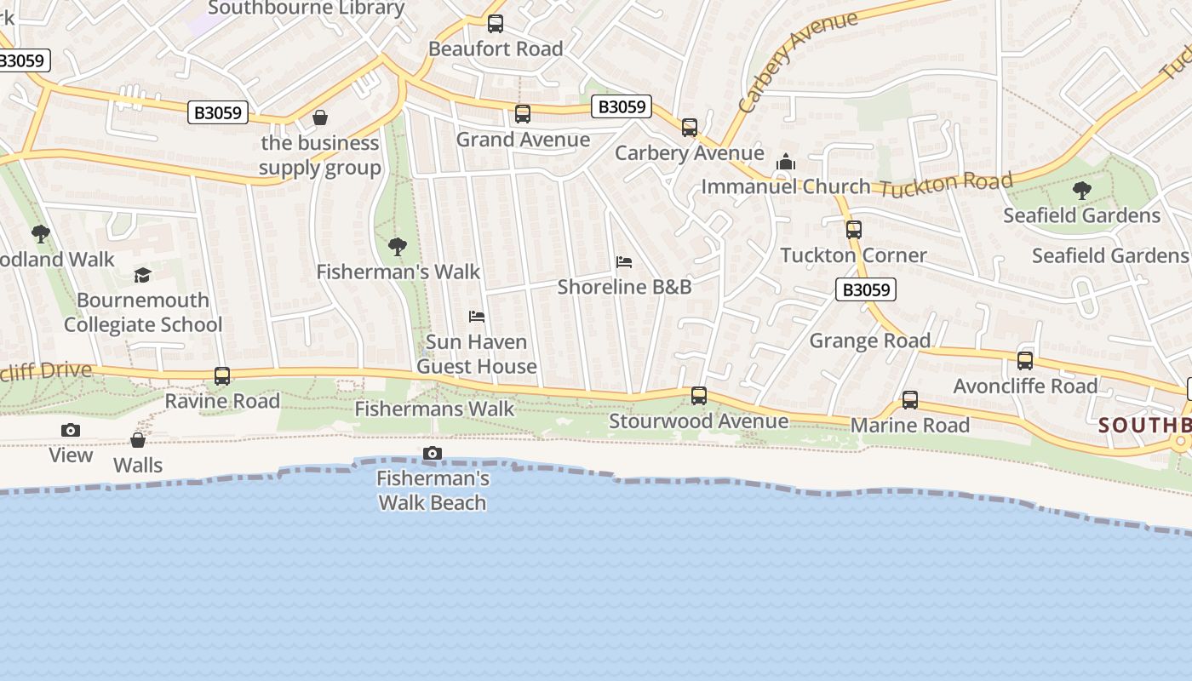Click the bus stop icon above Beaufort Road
(x=496, y=24)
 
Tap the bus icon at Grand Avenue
(x=523, y=114)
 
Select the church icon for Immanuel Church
(x=785, y=162)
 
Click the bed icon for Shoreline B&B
(x=624, y=262)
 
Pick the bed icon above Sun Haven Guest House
(x=477, y=317)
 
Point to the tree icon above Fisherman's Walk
(x=397, y=247)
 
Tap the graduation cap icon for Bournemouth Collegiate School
(x=142, y=275)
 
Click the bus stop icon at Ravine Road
(x=222, y=375)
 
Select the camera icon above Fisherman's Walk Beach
(x=433, y=453)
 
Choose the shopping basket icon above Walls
(x=137, y=440)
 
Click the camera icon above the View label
(x=71, y=430)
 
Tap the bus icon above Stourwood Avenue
(x=699, y=396)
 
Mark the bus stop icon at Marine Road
(x=910, y=400)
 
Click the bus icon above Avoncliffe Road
(x=1025, y=361)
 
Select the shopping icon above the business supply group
(x=320, y=117)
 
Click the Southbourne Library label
(x=307, y=9)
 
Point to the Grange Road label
(x=869, y=340)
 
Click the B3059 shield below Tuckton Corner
(x=866, y=289)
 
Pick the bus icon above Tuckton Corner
(x=854, y=230)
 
